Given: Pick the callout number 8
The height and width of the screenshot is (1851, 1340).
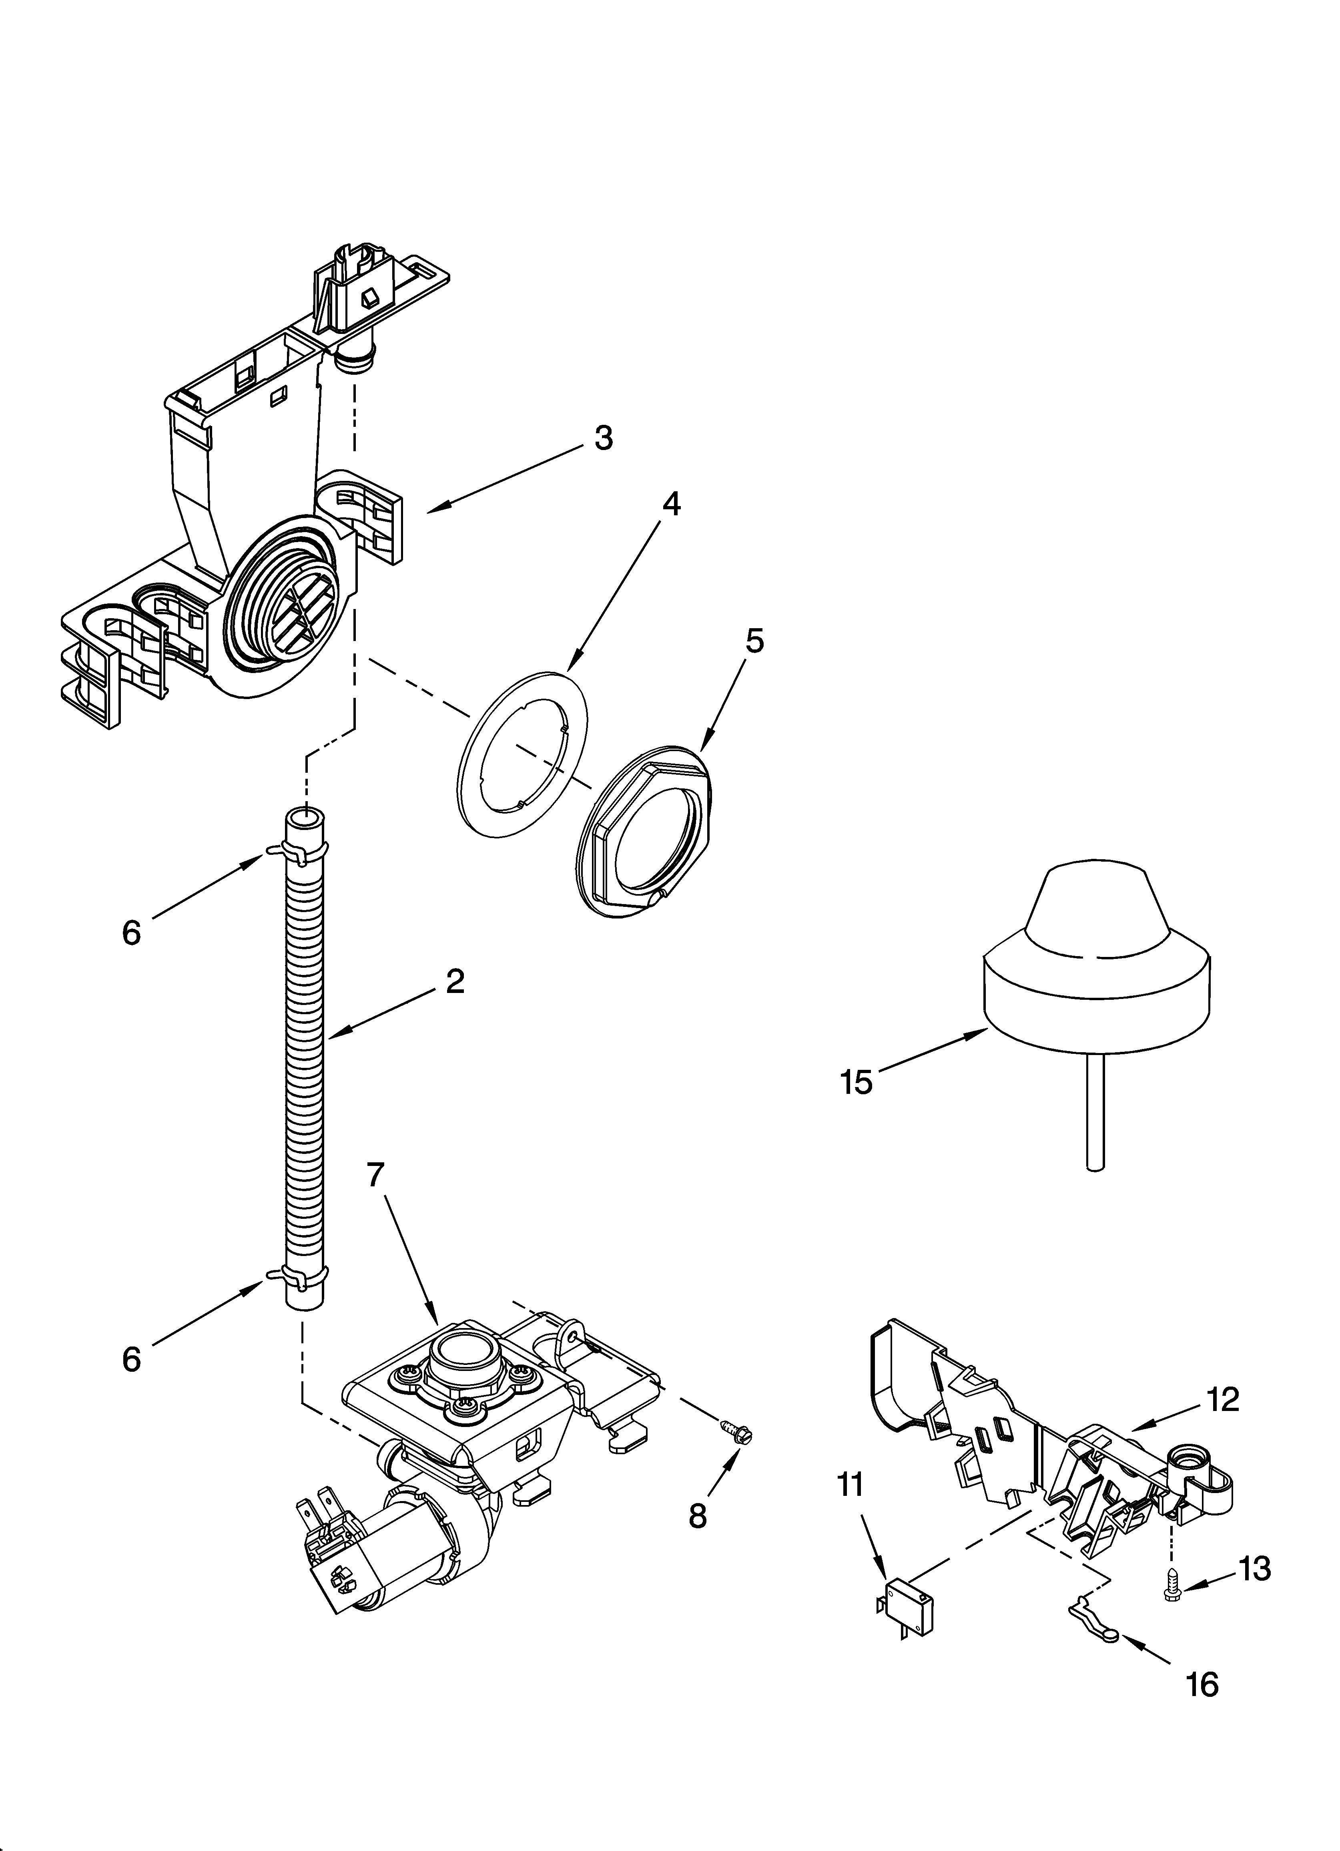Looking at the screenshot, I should (x=698, y=1515).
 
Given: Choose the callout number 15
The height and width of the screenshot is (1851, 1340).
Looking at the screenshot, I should (x=856, y=1083).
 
